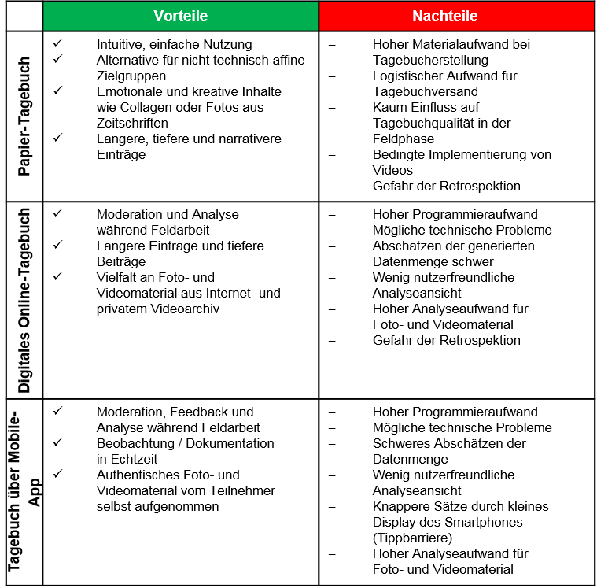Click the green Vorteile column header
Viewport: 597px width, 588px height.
coord(180,16)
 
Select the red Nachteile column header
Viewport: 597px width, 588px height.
coord(456,16)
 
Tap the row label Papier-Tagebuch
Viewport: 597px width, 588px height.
coord(24,116)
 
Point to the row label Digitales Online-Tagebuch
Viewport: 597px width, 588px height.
coord(24,300)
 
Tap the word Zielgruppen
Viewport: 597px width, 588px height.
coord(131,76)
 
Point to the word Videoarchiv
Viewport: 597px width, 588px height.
coord(186,309)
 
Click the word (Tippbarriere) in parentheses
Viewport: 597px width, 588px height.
coord(414,538)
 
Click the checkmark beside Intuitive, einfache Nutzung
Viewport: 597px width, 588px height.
coord(58,44)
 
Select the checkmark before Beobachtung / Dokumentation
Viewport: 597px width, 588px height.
coord(58,443)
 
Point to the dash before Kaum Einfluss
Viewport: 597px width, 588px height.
coord(331,107)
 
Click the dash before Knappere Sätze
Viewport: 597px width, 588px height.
coord(331,506)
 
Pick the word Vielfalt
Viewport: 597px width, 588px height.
coord(120,277)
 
